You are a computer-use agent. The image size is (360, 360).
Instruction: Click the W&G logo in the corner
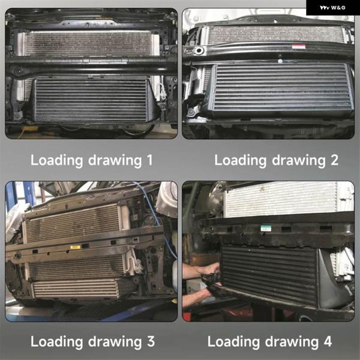coord(332,8)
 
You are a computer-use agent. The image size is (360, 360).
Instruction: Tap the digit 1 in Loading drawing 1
coord(149,160)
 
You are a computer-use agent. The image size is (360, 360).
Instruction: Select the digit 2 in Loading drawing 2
coord(334,160)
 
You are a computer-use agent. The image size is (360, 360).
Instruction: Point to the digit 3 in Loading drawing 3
coord(151,341)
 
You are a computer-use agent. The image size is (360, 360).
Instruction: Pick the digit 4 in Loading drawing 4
coord(328,341)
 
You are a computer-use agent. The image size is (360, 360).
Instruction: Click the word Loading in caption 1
coord(56,160)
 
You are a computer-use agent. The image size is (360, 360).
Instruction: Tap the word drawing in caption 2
coord(299,160)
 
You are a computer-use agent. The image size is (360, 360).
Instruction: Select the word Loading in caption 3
coord(56,342)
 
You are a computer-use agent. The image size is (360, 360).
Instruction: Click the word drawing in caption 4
coord(292,342)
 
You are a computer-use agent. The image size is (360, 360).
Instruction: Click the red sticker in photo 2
coord(298,47)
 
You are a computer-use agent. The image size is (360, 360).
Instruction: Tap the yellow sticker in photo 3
coord(75,247)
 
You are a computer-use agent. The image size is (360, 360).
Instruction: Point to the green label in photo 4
coord(266,228)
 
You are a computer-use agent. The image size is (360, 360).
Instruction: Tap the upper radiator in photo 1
coord(88,43)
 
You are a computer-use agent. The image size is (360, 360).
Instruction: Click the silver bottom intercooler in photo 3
coord(76,289)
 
